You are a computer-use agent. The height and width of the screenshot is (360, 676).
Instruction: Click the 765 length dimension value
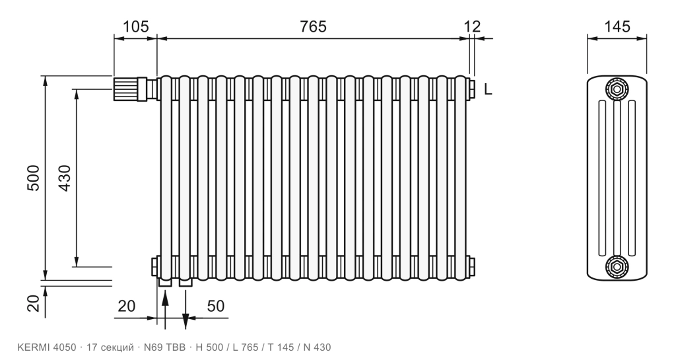click(x=313, y=26)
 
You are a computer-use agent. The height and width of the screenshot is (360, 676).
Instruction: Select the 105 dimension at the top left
click(x=136, y=26)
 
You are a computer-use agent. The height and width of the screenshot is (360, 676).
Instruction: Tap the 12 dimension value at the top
click(x=473, y=26)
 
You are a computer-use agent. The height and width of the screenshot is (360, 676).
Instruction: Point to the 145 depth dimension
click(x=617, y=26)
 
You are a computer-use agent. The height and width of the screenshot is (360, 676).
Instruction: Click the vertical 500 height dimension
click(x=33, y=178)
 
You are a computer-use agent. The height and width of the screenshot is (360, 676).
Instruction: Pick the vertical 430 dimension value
click(x=64, y=178)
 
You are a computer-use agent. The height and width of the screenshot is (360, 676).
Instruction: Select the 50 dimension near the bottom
click(x=216, y=306)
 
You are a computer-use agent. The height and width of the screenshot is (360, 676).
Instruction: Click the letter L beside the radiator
click(x=488, y=89)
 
